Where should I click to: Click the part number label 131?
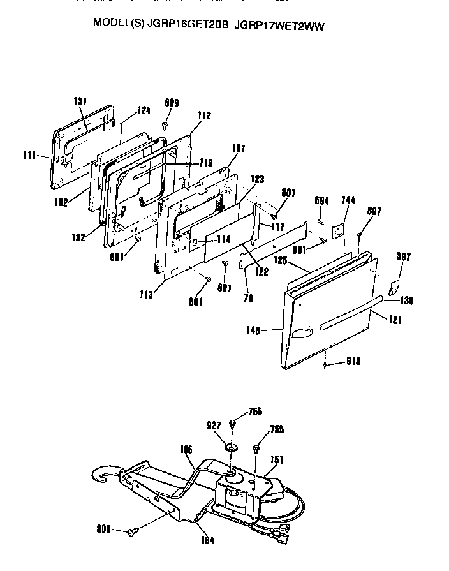pyautogui.click(x=80, y=101)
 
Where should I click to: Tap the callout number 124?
pyautogui.click(x=144, y=110)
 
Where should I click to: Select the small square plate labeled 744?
pyautogui.click(x=339, y=226)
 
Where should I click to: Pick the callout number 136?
pyautogui.click(x=406, y=300)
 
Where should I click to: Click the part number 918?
pyautogui.click(x=353, y=361)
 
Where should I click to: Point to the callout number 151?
pyautogui.click(x=277, y=459)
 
